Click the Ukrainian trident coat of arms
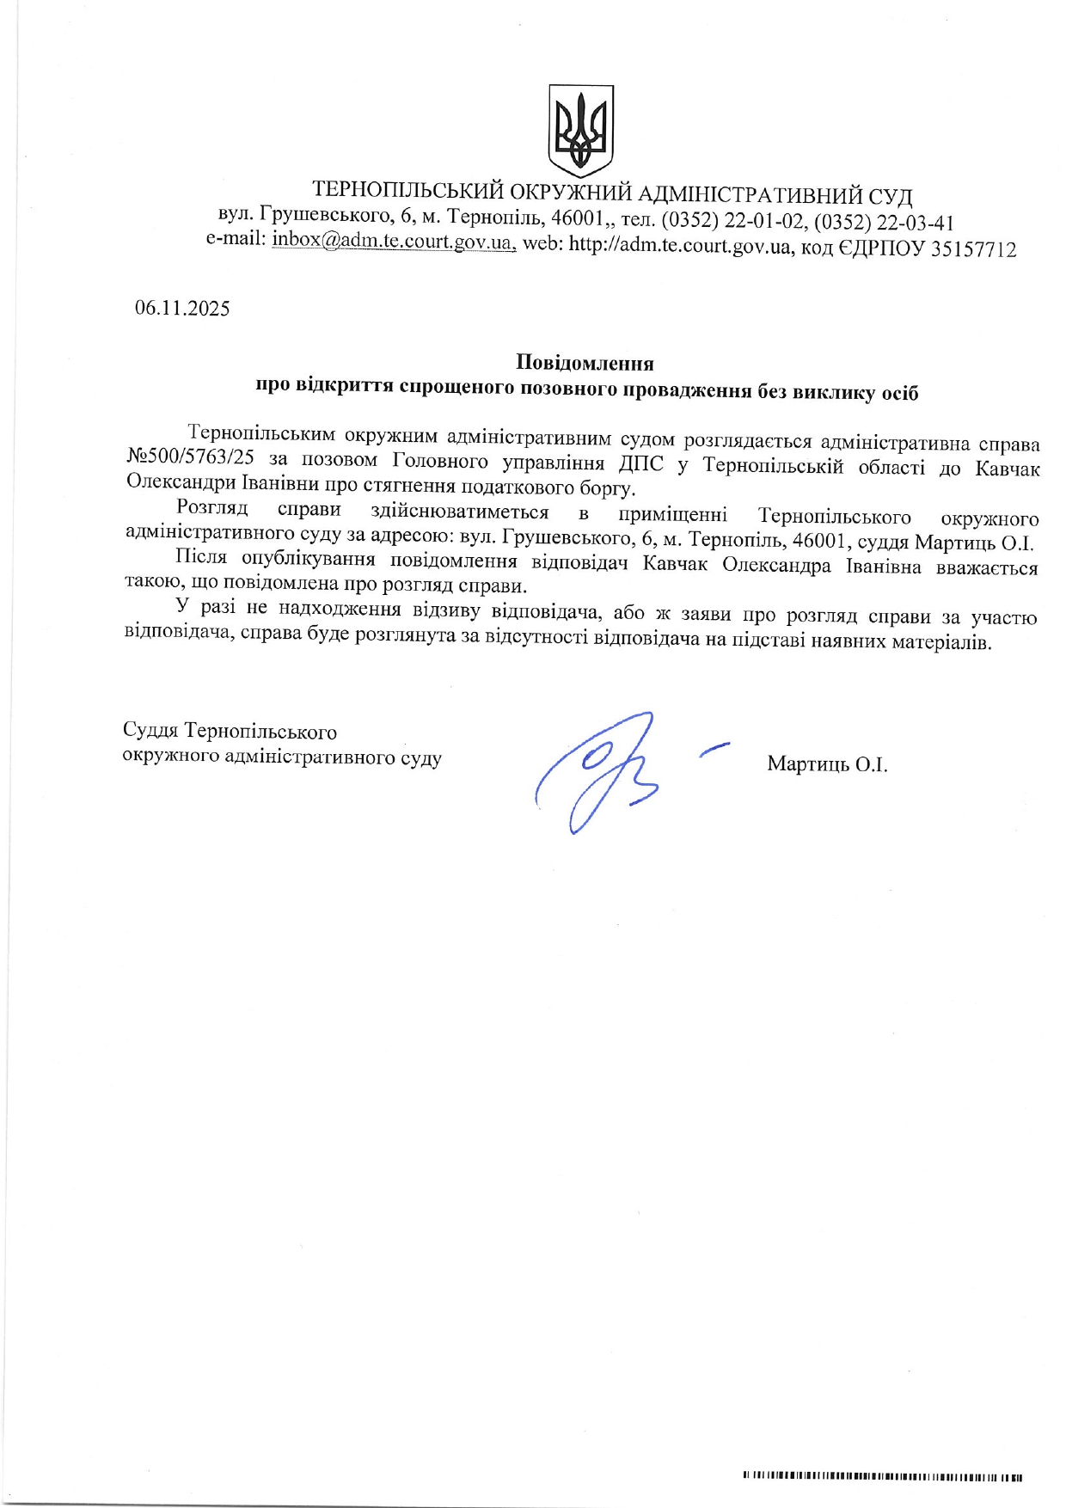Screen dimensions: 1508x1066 click(x=581, y=131)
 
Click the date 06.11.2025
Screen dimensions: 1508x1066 click(x=182, y=309)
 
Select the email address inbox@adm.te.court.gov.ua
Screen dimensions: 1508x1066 click(x=394, y=242)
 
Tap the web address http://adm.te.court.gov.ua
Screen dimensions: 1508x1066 click(x=679, y=247)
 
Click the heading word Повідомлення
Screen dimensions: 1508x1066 click(x=585, y=363)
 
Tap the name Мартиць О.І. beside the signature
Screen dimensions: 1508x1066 click(x=827, y=764)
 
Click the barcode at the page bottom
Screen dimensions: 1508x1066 click(x=882, y=1453)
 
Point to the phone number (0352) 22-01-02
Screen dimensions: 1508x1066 click(x=734, y=221)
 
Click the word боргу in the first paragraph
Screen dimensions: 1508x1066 click(x=606, y=489)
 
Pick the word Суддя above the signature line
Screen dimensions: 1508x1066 click(x=150, y=731)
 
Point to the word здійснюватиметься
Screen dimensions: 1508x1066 click(x=459, y=512)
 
